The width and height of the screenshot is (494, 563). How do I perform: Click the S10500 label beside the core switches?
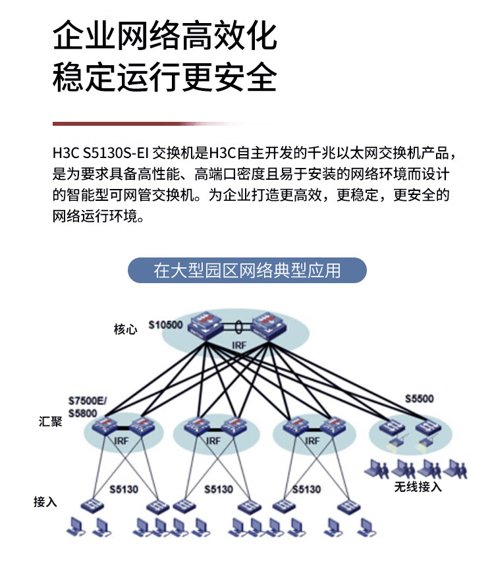(x=165, y=325)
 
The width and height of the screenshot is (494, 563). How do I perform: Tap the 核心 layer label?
(x=125, y=329)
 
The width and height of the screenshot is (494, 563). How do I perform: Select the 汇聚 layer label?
(x=50, y=421)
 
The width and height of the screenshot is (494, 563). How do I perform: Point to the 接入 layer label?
(x=45, y=502)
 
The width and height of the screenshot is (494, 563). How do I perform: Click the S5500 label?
(x=420, y=398)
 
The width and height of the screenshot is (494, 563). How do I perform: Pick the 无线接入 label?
(x=418, y=487)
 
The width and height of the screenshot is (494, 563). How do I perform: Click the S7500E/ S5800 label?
(x=88, y=407)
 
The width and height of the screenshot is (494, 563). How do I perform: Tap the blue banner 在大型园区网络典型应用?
(x=247, y=270)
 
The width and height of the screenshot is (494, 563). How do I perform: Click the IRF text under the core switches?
(x=239, y=346)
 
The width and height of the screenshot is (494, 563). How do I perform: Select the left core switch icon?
(x=207, y=326)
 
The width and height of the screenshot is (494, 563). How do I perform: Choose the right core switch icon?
(x=269, y=326)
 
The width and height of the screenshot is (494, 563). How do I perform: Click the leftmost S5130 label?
(x=124, y=489)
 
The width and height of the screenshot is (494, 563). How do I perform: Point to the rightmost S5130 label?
(x=306, y=489)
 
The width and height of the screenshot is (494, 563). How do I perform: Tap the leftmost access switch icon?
(x=92, y=506)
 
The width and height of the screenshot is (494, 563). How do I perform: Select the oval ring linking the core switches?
(x=238, y=327)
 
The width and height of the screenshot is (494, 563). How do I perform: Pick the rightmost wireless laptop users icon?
(x=456, y=469)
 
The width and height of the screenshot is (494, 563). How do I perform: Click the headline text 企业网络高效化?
(x=165, y=35)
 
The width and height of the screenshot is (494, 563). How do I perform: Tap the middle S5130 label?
(x=219, y=489)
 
